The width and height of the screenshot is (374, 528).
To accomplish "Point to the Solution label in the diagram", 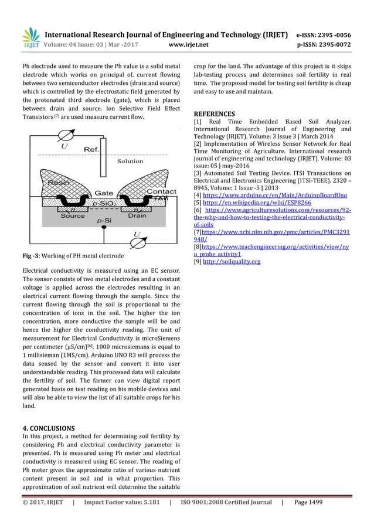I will pyautogui.click(x=130, y=161).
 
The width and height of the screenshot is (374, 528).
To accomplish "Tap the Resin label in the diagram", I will pyautogui.click(x=59, y=183).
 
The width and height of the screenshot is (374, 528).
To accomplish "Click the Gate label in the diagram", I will pyautogui.click(x=104, y=193).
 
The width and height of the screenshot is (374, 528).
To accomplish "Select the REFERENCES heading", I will pyautogui.click(x=214, y=114).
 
